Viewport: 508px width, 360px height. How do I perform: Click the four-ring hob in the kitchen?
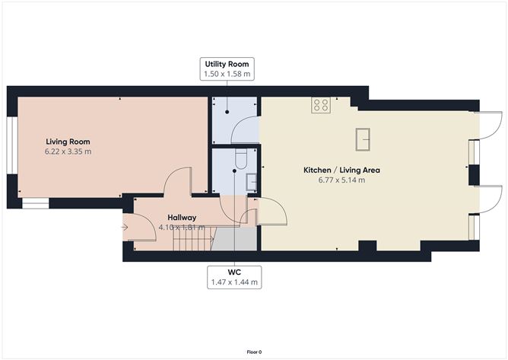pos(320,106)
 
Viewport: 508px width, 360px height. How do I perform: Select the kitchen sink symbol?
pos(363,139)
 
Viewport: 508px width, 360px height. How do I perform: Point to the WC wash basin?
pos(251,181)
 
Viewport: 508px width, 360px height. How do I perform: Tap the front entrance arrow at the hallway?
pos(124,226)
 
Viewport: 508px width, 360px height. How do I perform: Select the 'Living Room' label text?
pos(68,142)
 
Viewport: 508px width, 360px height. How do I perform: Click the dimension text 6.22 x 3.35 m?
pos(68,151)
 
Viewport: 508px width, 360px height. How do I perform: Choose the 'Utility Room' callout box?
pos(227,68)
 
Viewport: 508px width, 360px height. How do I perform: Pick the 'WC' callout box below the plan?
pos(234,277)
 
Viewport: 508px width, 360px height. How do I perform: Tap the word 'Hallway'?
pos(182,217)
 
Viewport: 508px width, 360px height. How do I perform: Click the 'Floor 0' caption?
pos(254,352)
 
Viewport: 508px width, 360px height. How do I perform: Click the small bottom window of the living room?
pos(35,203)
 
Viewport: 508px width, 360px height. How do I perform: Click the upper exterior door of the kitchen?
pos(487,126)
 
